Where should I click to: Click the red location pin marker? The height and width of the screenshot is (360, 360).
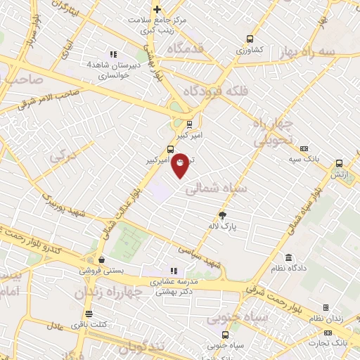(x=180, y=164)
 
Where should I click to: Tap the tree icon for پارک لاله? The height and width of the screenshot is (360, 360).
(x=223, y=215)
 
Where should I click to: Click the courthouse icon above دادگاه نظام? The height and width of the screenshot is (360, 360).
(x=288, y=257)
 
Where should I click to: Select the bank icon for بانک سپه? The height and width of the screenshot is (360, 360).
(x=304, y=149)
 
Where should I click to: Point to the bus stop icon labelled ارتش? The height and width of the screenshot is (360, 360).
(x=339, y=161)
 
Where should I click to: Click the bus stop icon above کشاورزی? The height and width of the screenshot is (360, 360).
(x=248, y=39)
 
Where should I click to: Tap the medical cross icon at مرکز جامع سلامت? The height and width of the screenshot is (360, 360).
(x=157, y=9)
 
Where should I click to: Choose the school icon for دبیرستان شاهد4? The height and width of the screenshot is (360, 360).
(x=112, y=55)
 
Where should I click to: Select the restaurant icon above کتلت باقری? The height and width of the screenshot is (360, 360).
(x=88, y=314)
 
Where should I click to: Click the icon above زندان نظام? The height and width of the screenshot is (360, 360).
(x=326, y=307)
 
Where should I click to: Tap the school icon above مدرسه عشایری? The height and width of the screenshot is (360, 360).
(x=173, y=271)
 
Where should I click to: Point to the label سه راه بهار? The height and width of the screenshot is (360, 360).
(x=328, y=53)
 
